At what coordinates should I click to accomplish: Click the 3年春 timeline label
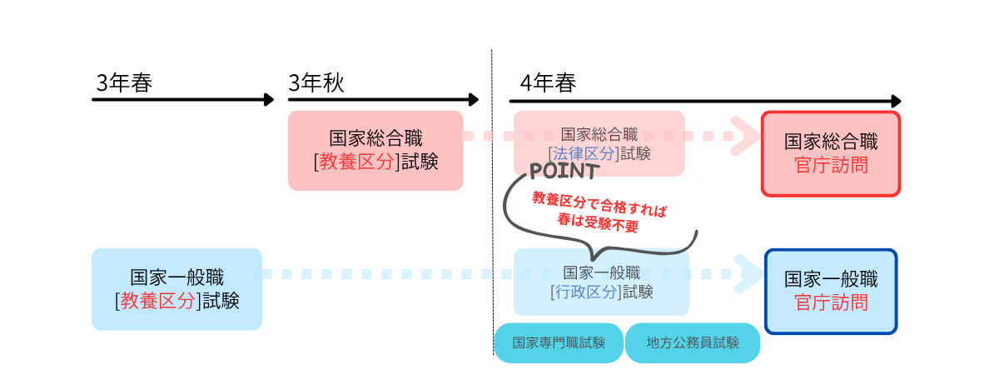click(x=124, y=83)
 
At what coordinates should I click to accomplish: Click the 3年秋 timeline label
click(x=316, y=83)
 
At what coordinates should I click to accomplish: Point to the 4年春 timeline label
click(x=547, y=83)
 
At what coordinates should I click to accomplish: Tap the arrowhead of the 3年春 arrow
click(x=269, y=100)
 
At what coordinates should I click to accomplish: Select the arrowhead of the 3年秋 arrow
click(x=474, y=100)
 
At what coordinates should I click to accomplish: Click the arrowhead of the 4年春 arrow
click(x=895, y=100)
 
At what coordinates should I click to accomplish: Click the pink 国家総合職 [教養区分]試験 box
click(x=375, y=150)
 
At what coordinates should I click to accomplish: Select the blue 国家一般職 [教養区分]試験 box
click(x=176, y=288)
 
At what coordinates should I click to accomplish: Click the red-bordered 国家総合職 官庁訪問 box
click(x=831, y=152)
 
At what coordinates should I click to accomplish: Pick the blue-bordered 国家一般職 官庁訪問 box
click(x=831, y=290)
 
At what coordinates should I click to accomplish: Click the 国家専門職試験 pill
click(x=559, y=342)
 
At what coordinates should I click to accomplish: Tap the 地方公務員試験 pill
click(x=693, y=342)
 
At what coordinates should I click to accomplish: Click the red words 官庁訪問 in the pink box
click(x=831, y=165)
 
